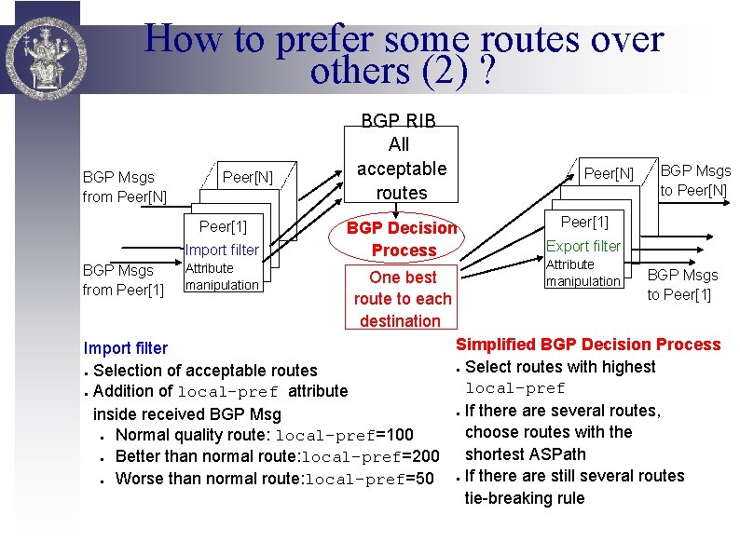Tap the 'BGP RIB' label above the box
pyautogui.click(x=399, y=119)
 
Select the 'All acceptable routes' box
pyautogui.click(x=401, y=169)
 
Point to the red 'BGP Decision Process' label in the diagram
pyautogui.click(x=403, y=238)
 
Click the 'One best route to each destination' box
pyautogui.click(x=403, y=298)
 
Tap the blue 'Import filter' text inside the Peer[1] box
pyautogui.click(x=222, y=250)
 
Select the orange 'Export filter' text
pyautogui.click(x=583, y=246)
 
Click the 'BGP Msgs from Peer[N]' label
pyautogui.click(x=125, y=186)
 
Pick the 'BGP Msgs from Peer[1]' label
pyautogui.click(x=123, y=279)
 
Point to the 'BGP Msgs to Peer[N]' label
pyautogui.click(x=695, y=180)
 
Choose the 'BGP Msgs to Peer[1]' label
pyautogui.click(x=683, y=285)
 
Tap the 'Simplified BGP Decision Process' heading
pyautogui.click(x=588, y=345)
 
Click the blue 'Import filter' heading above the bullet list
pyautogui.click(x=126, y=348)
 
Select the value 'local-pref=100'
pyautogui.click(x=345, y=435)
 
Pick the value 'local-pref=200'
pyautogui.click(x=374, y=456)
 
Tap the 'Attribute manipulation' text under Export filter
pyautogui.click(x=582, y=273)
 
